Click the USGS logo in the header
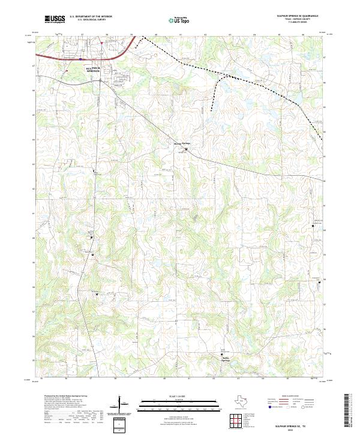pyautogui.click(x=53, y=19)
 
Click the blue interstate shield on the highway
pyautogui.click(x=80, y=59)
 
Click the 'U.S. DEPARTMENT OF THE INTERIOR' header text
pyautogui.click(x=91, y=15)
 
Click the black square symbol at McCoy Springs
pyautogui.click(x=186, y=149)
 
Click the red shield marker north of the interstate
pyautogui.click(x=101, y=43)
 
